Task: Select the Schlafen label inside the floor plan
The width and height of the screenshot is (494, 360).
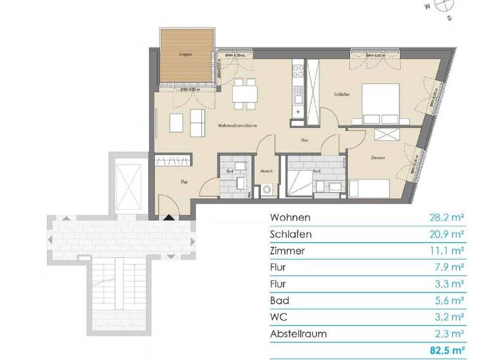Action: click(342, 94)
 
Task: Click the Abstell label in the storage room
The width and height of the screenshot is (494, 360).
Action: click(267, 171)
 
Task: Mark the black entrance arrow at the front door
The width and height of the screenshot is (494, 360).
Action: click(169, 218)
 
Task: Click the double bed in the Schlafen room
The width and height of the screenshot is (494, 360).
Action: click(382, 102)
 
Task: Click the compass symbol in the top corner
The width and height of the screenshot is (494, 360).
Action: click(442, 5)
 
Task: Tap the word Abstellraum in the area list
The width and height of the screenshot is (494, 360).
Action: click(298, 333)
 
